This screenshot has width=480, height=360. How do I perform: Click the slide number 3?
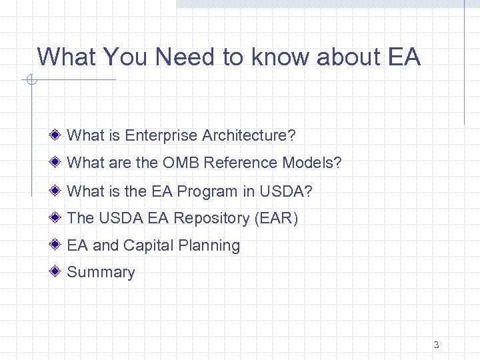tap(436, 345)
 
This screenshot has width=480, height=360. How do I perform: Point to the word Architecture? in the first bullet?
tap(249, 135)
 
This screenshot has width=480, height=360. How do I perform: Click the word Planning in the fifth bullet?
tap(209, 245)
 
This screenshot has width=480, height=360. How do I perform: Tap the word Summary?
tap(101, 272)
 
